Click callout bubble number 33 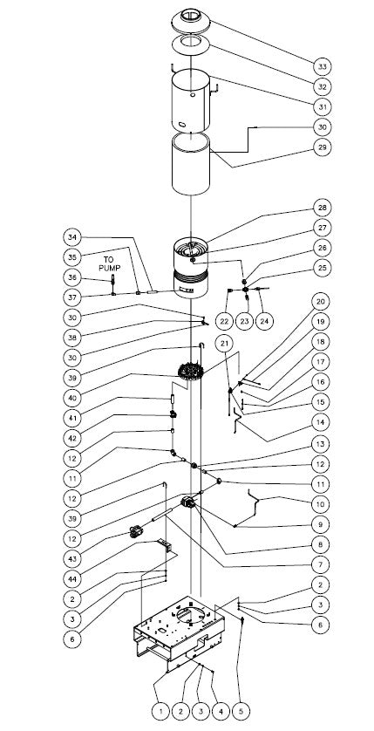[x=322, y=66]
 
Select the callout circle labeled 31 [x=322, y=106]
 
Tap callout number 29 [x=322, y=147]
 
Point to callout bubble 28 [x=322, y=208]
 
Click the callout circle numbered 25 [x=322, y=268]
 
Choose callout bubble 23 [x=244, y=321]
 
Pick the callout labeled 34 [x=71, y=237]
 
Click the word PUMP [x=112, y=268]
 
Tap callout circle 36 [x=71, y=277]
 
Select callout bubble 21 [x=225, y=344]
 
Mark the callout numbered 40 [x=71, y=398]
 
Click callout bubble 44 [x=71, y=579]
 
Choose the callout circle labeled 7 [x=321, y=564]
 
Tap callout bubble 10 [x=321, y=504]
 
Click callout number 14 [x=322, y=422]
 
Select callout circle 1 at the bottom [x=160, y=712]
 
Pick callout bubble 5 [x=241, y=712]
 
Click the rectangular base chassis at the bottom [x=179, y=632]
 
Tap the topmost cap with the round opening [x=191, y=20]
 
